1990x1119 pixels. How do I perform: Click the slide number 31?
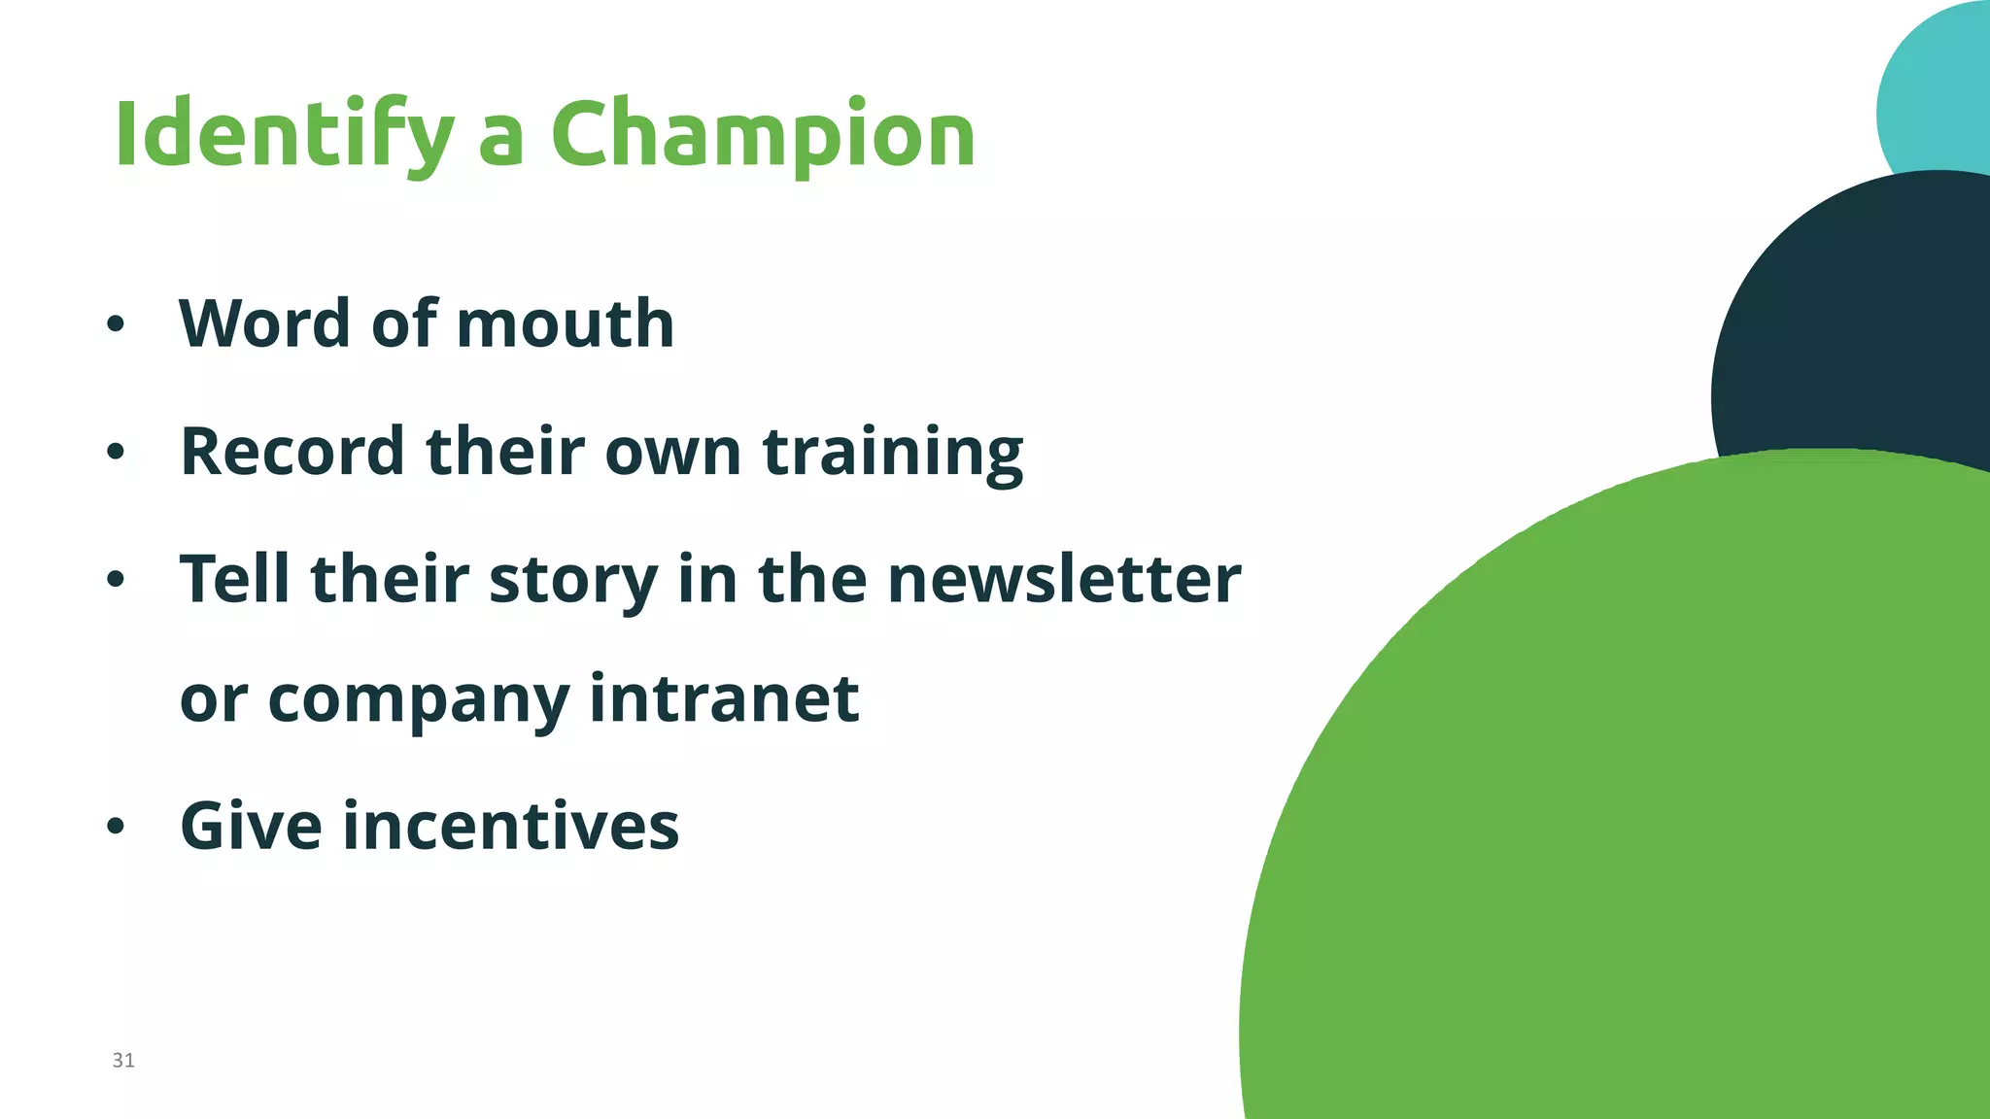click(123, 1060)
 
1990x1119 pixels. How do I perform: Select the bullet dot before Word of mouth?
click(116, 324)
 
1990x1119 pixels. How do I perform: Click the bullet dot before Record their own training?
click(116, 452)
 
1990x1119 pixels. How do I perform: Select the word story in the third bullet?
click(572, 580)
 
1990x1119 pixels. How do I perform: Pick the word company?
click(418, 700)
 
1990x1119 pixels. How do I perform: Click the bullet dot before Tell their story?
click(116, 580)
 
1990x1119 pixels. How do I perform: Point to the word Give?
click(251, 826)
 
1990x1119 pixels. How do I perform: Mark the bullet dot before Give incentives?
click(116, 827)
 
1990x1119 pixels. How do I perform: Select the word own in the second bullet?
click(672, 453)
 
